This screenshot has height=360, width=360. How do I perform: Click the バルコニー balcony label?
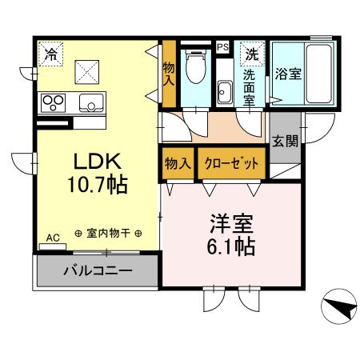97,272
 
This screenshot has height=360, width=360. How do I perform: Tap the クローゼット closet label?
231,163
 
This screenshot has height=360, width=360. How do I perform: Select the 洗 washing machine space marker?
251,54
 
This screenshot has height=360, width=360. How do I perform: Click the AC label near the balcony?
51,238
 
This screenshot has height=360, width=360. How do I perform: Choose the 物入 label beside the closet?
178,163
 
